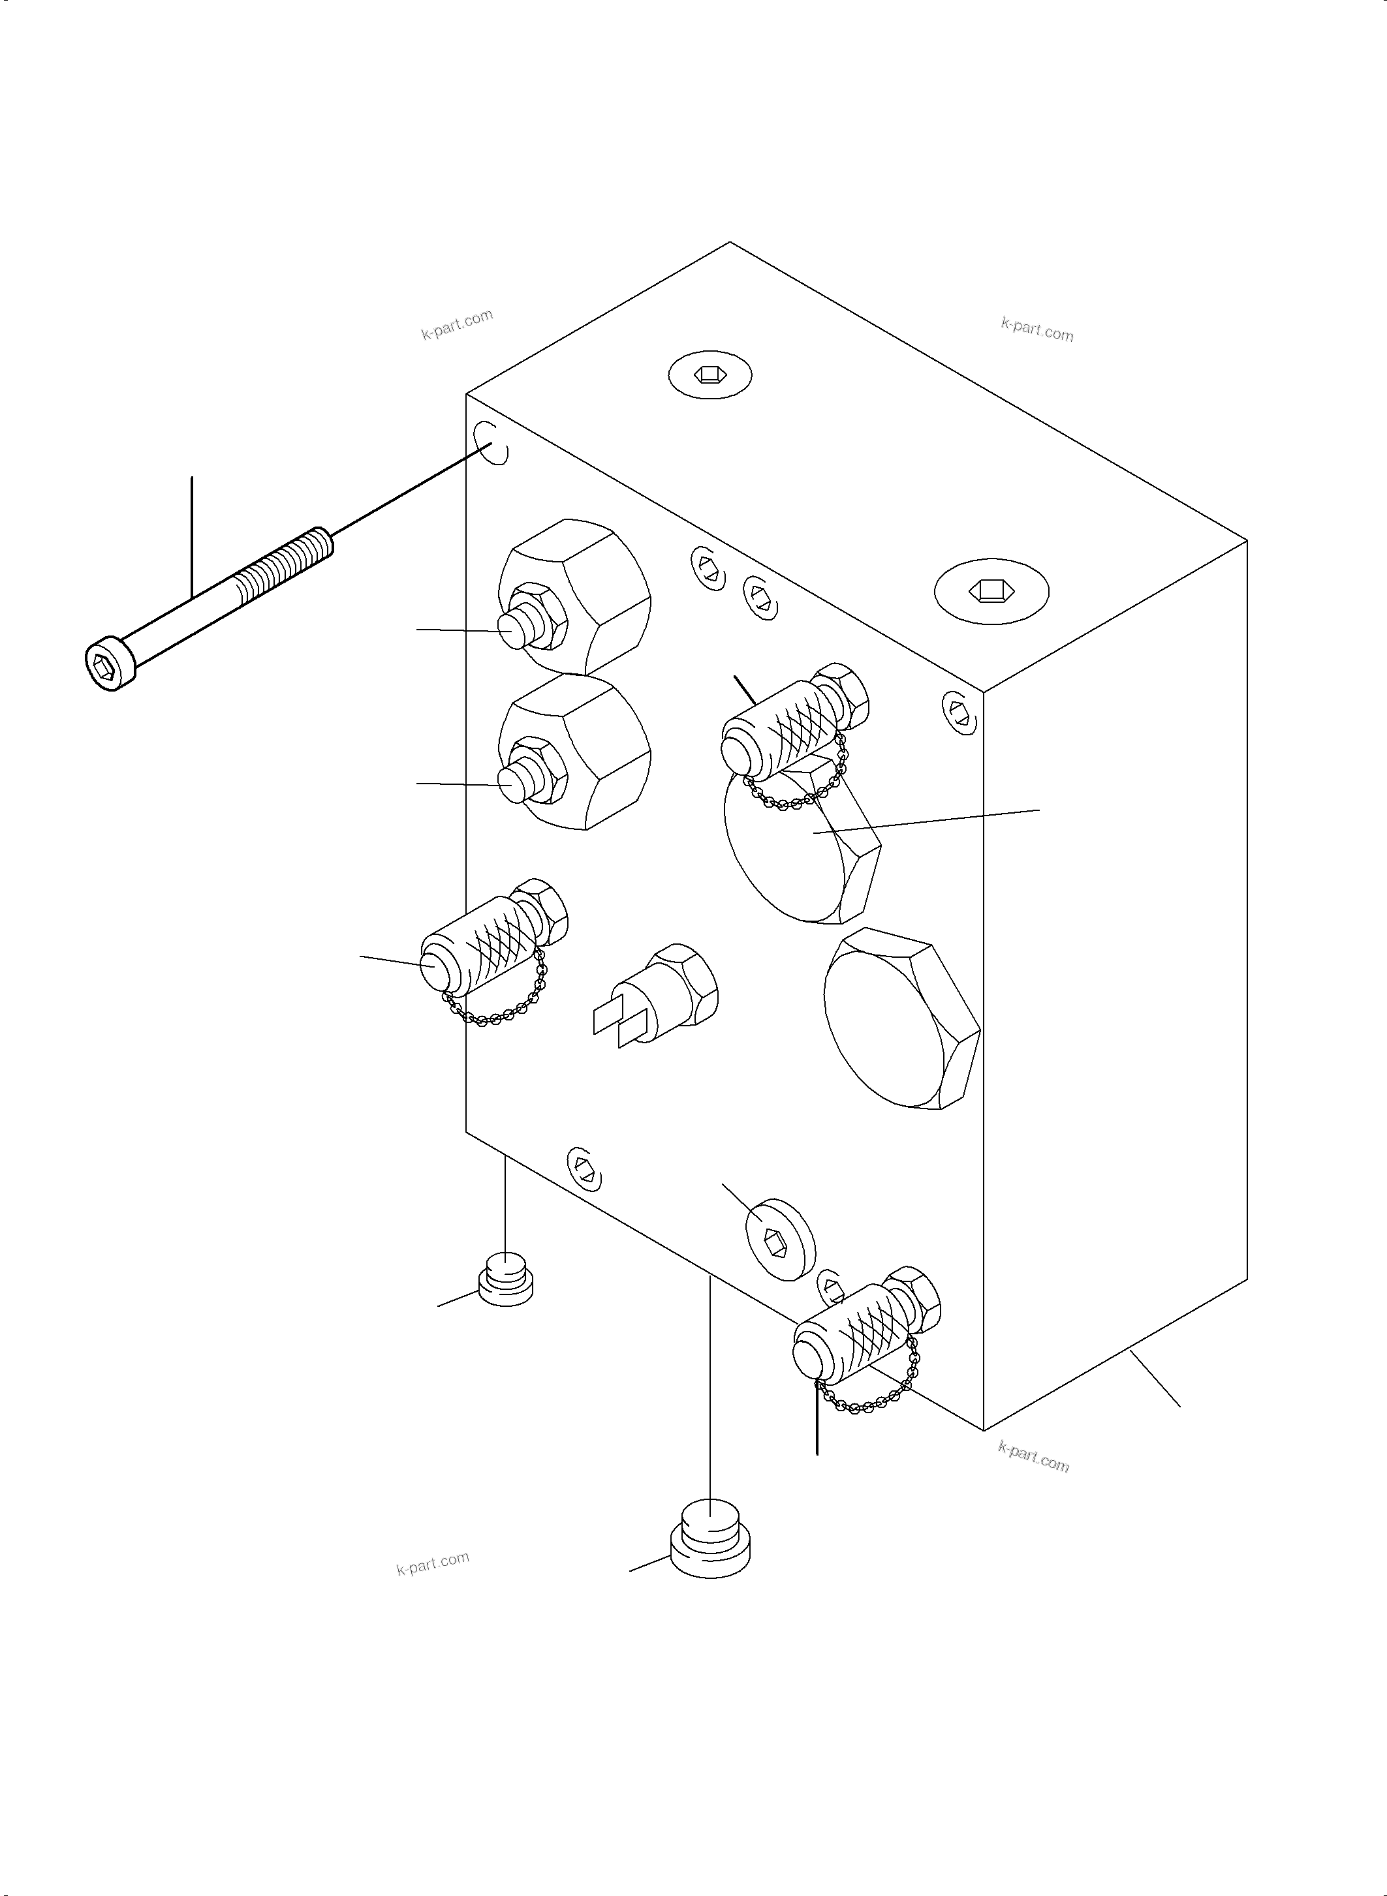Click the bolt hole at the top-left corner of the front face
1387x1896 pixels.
pos(490,442)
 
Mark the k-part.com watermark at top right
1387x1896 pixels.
pos(1037,329)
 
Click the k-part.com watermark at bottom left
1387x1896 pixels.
pos(432,1563)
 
